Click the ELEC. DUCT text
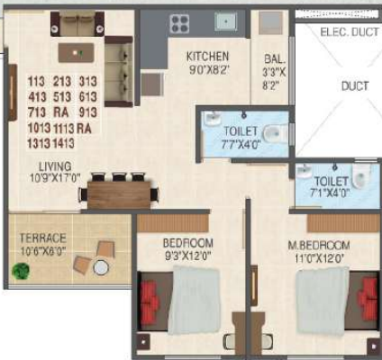click(x=350, y=32)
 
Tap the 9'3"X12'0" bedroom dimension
click(x=188, y=255)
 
